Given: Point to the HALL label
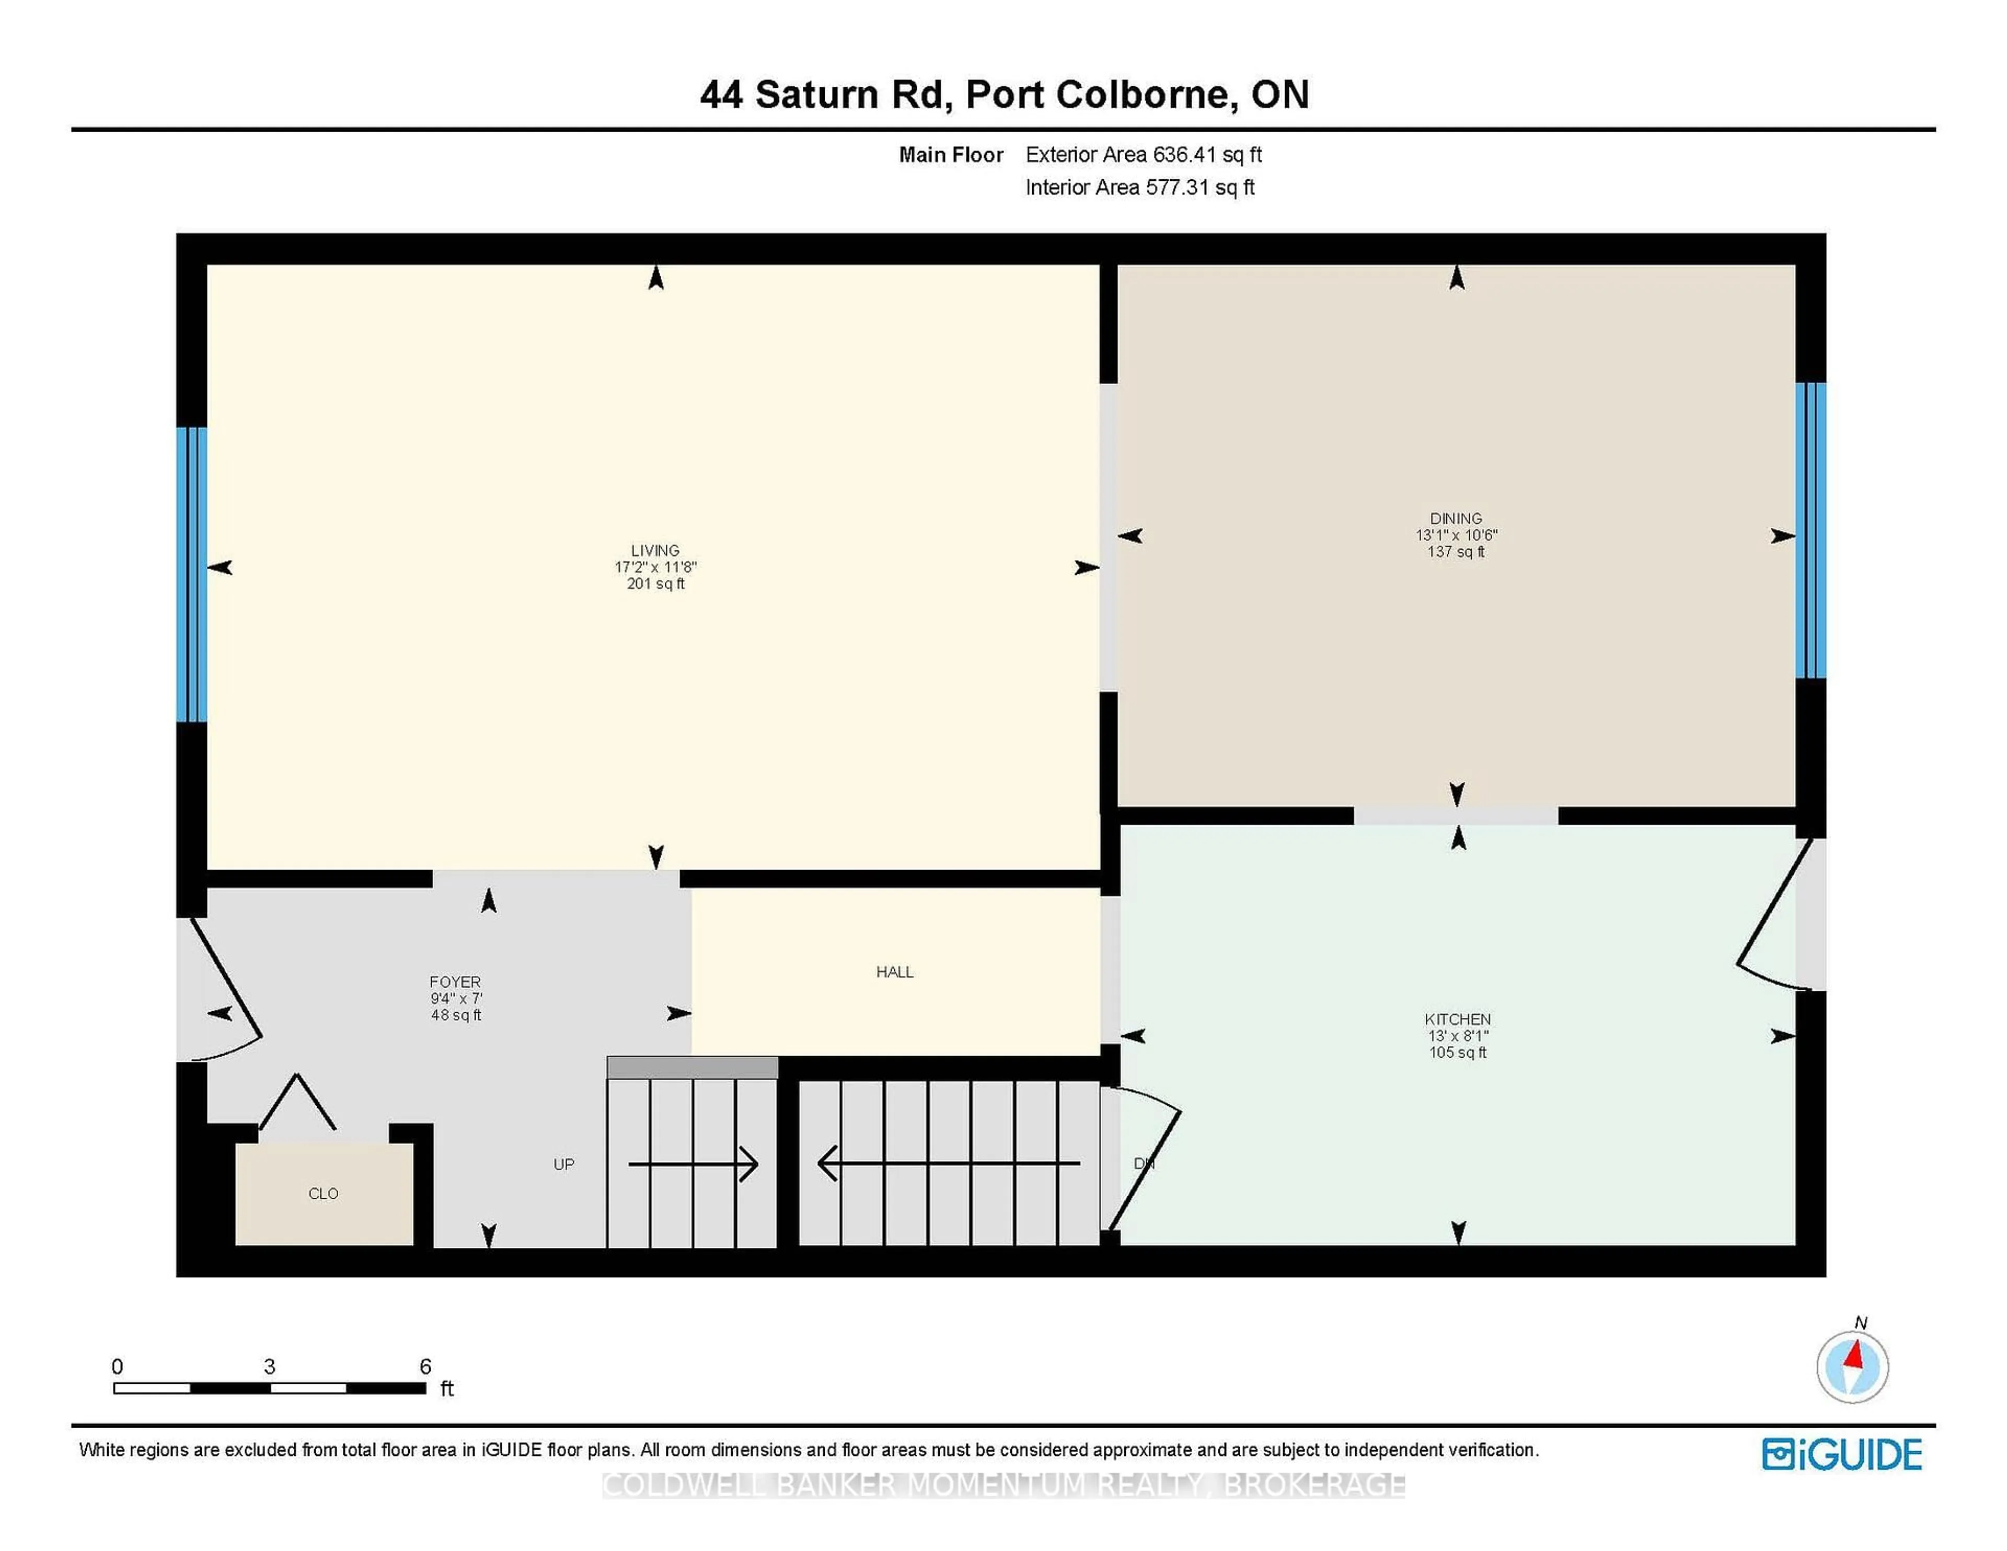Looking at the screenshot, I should coord(894,972).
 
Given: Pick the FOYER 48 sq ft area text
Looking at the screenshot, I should coord(456,1015).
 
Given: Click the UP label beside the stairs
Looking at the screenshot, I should coord(563,1164).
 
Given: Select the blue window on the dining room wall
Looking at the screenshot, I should coord(1810,530).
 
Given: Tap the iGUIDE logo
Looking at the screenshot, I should coord(1842,1454).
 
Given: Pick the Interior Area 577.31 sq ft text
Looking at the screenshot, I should coord(1139,188).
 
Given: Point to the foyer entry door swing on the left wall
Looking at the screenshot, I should coord(225,988).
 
